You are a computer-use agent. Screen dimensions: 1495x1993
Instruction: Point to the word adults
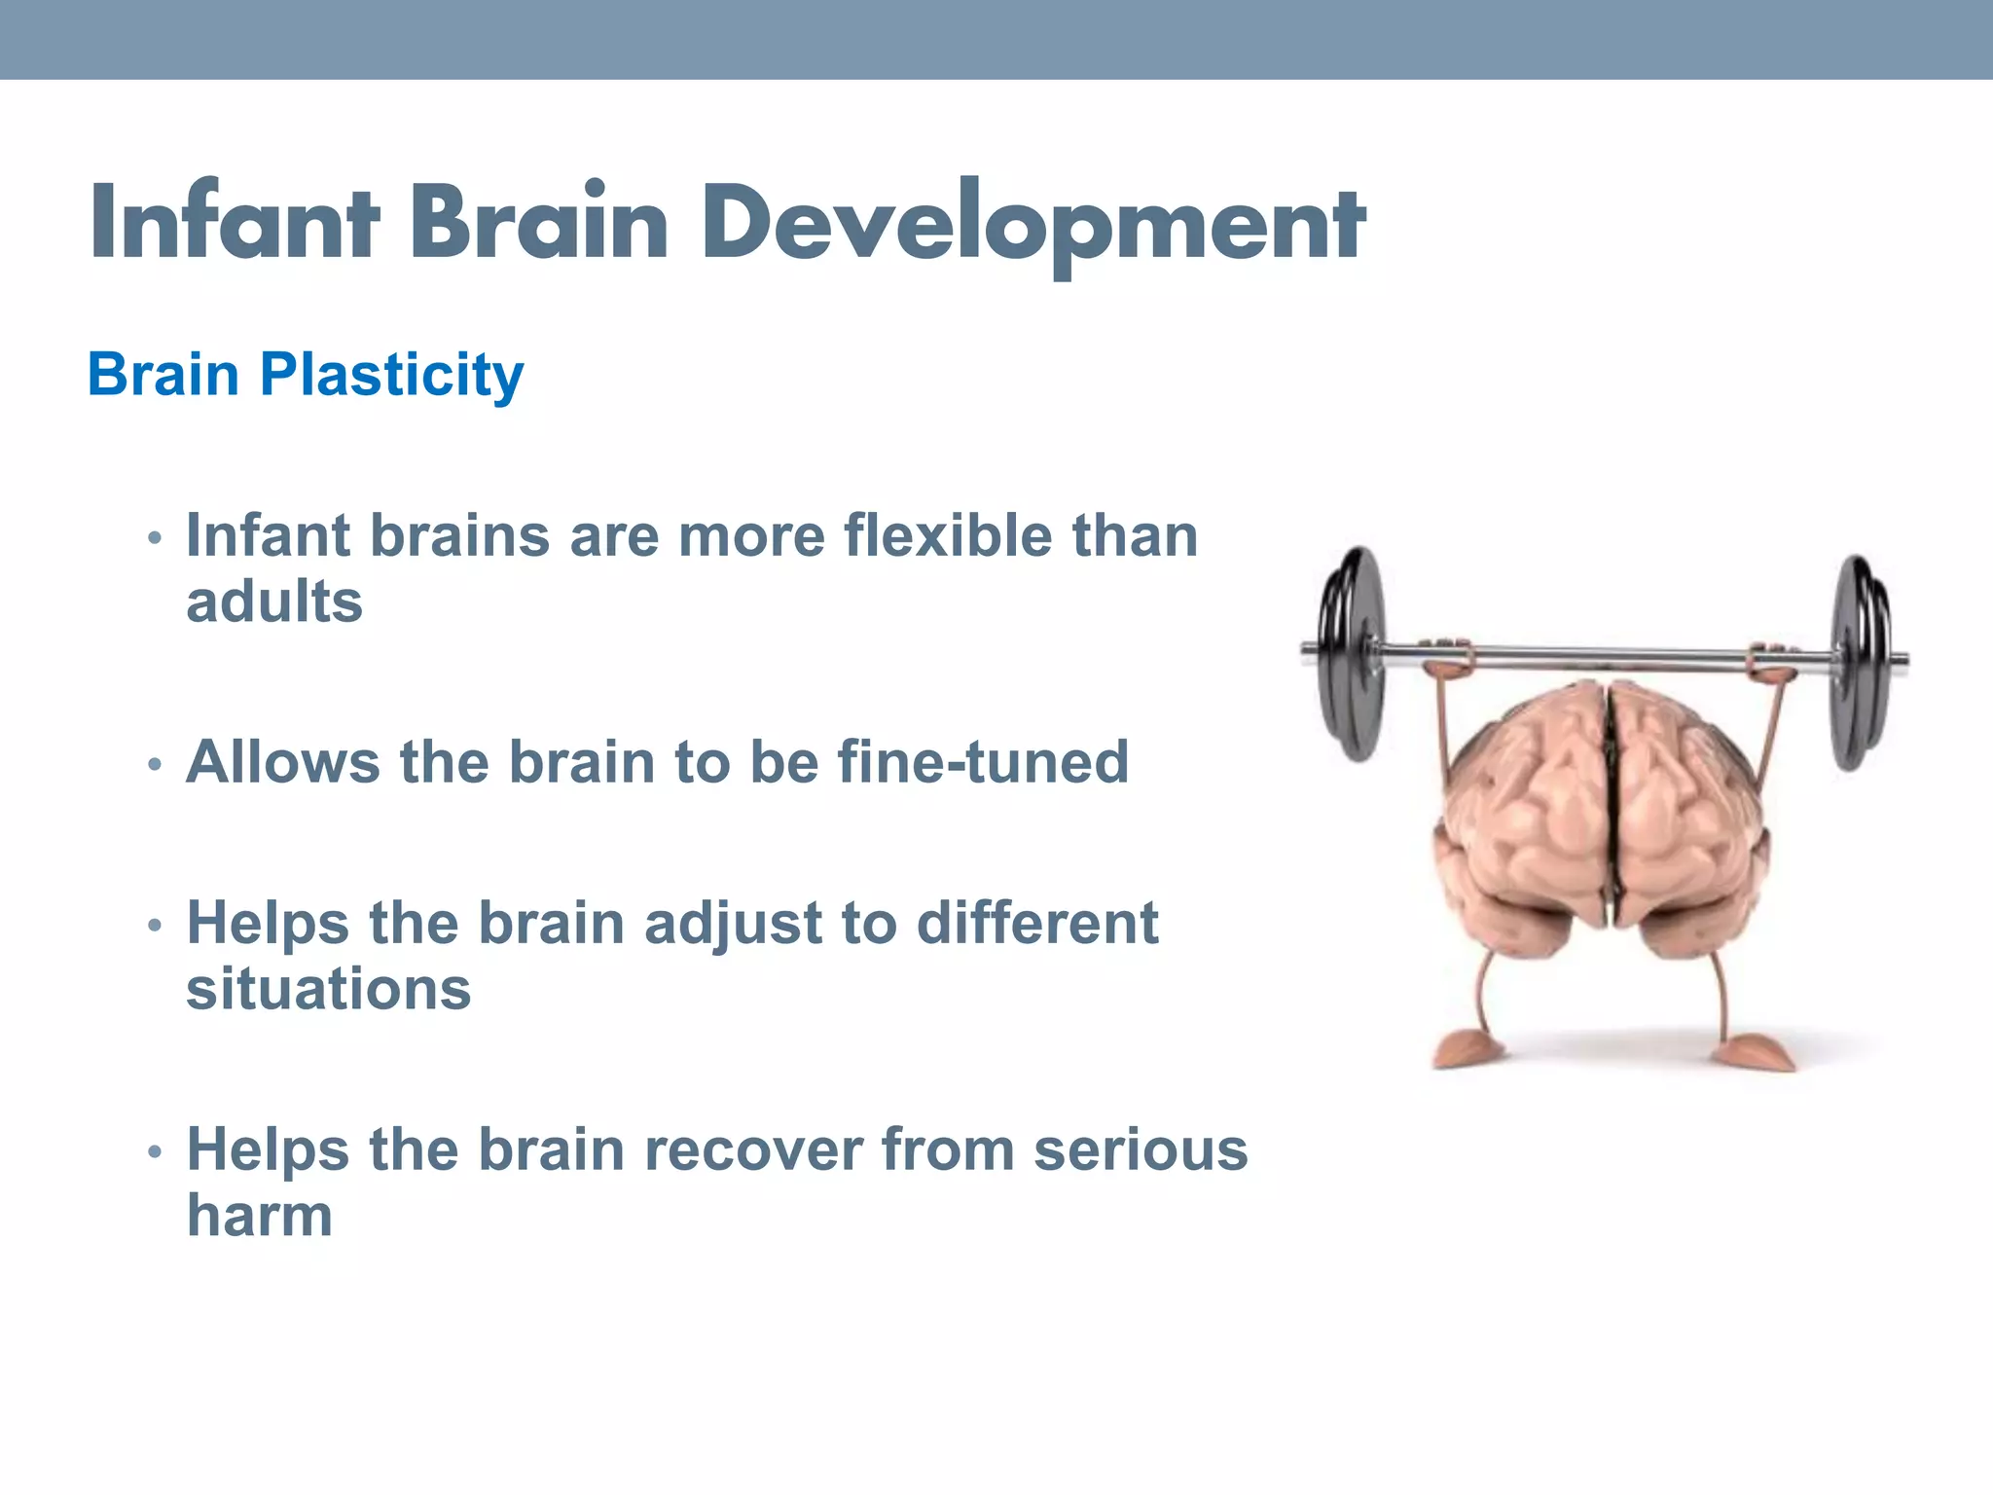click(274, 602)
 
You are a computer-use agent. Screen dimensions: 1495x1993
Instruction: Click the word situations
click(329, 990)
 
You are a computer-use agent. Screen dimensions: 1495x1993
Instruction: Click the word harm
click(260, 1217)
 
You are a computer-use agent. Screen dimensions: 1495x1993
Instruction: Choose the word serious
click(1141, 1150)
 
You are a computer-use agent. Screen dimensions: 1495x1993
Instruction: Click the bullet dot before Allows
click(154, 764)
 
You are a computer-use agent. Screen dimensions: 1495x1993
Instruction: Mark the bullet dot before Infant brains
click(154, 538)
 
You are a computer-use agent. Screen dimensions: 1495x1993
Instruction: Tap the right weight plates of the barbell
click(1861, 662)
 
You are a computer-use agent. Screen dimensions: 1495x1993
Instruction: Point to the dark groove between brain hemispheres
click(1611, 808)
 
